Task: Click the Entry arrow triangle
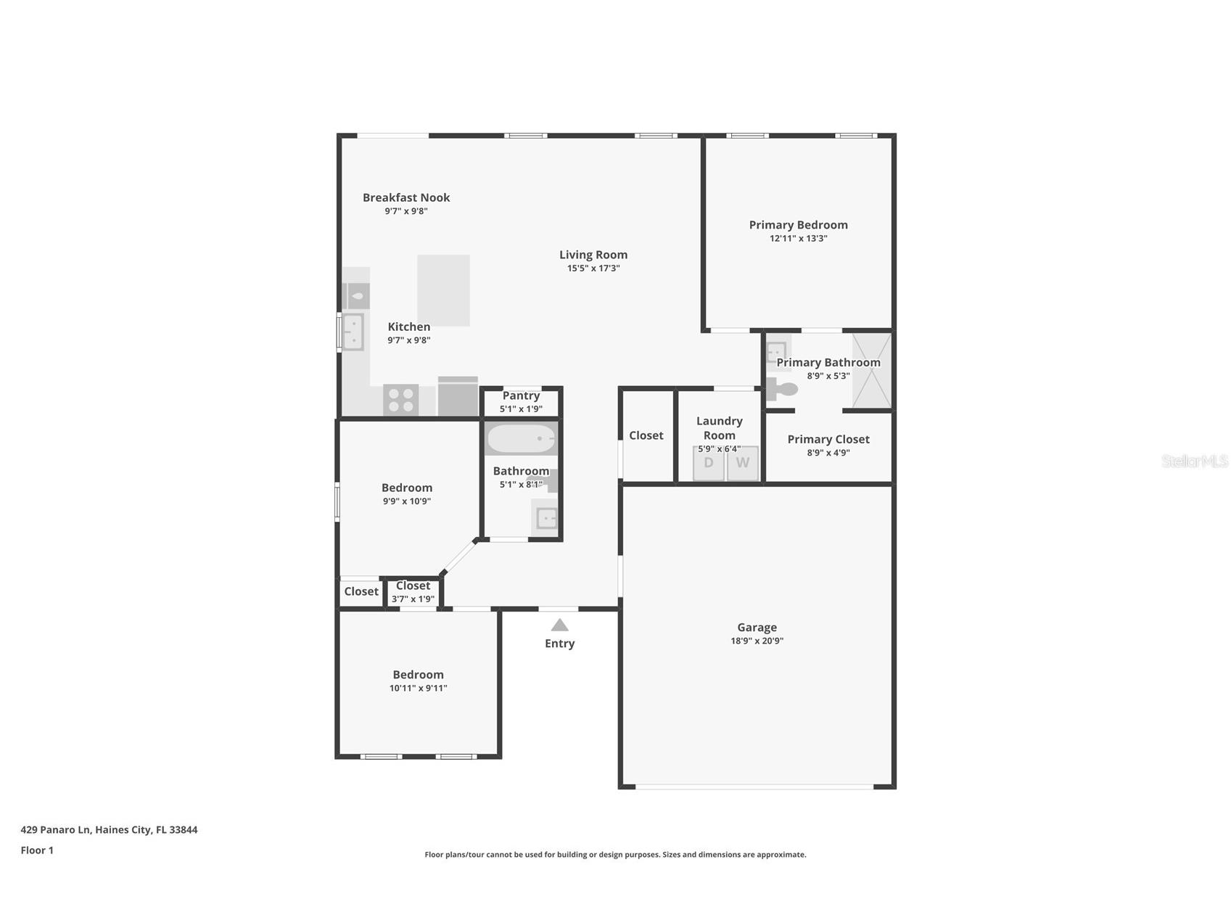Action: coord(559,625)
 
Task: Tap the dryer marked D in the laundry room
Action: coord(709,463)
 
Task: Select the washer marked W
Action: coord(743,463)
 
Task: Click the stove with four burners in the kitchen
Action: coord(400,400)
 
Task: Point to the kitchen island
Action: coord(443,290)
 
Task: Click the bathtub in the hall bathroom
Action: coord(521,439)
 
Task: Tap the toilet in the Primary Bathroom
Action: coord(782,389)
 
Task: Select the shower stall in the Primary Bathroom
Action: coord(871,371)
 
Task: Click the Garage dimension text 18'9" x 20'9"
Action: coord(757,641)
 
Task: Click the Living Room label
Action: coord(593,255)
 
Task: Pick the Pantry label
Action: coord(521,395)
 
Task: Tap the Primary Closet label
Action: coord(828,439)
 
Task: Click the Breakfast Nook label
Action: coord(406,197)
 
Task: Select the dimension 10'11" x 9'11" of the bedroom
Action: coord(418,688)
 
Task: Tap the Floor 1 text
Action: coord(37,850)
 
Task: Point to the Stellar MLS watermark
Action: coord(1194,461)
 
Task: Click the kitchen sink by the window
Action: coord(353,332)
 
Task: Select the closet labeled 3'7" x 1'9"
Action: coord(413,592)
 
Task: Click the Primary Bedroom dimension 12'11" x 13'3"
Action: coord(798,238)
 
